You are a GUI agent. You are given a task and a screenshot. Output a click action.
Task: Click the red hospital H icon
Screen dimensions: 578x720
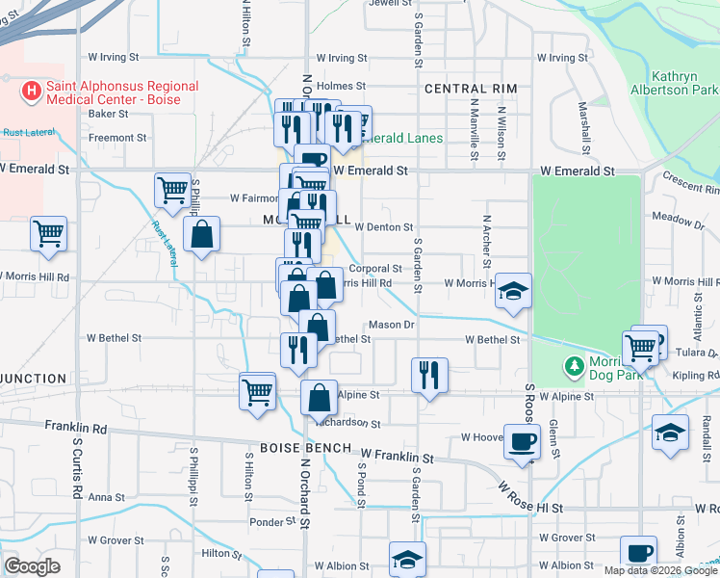32,92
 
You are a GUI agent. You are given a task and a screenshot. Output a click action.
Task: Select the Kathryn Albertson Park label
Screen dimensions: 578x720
683,83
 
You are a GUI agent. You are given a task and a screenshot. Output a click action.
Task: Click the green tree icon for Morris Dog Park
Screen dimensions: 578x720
575,366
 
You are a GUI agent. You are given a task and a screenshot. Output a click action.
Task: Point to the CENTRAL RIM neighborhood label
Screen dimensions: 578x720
471,89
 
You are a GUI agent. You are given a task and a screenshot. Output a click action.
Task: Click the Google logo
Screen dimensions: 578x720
32,566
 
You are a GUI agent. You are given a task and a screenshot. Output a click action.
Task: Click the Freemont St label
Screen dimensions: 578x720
117,138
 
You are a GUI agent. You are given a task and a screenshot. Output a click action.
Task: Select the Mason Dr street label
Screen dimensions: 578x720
391,326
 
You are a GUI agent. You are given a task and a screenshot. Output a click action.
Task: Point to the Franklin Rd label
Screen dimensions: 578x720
76,426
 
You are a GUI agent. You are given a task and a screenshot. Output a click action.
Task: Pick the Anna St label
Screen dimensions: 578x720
100,498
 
